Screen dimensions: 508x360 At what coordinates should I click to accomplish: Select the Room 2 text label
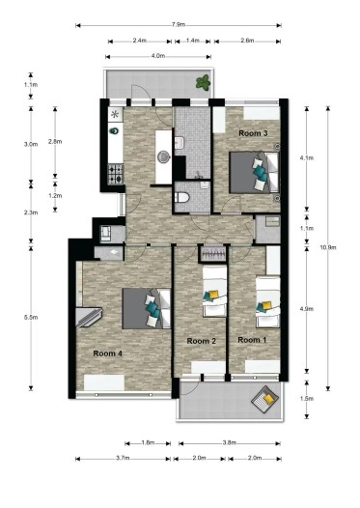coord(201,341)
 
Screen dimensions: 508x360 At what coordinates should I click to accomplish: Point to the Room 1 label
coord(252,340)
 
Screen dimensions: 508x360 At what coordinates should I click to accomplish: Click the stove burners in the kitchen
coord(116,176)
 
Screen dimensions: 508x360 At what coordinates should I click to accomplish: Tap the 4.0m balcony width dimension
coord(157,57)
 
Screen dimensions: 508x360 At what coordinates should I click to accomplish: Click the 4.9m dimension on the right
coord(306,309)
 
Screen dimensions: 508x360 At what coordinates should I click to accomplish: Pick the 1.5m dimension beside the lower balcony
coord(306,398)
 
